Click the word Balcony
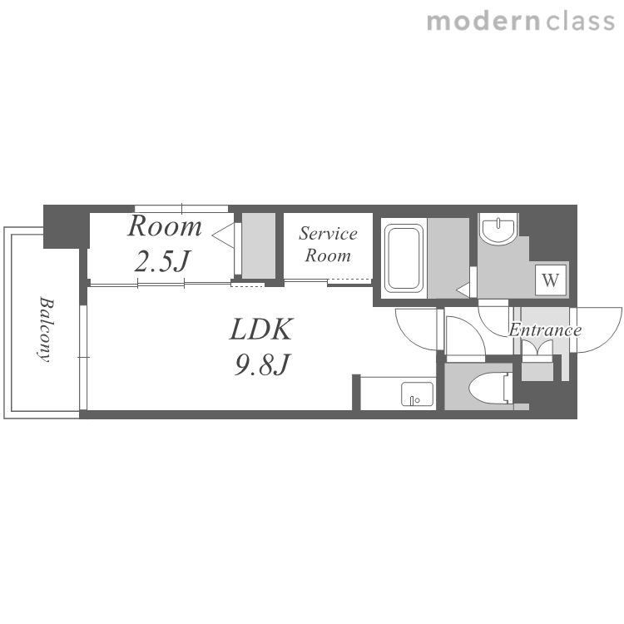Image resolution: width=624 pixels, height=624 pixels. click(45, 329)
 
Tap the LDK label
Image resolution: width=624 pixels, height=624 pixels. click(261, 329)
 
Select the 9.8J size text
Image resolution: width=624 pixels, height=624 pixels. click(262, 364)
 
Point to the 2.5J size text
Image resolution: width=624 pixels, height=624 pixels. click(162, 261)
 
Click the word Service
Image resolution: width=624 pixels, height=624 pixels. click(328, 234)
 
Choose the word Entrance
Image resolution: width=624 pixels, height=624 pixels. click(545, 330)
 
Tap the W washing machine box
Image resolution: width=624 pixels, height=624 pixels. click(551, 280)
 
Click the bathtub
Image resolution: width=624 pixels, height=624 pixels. click(404, 258)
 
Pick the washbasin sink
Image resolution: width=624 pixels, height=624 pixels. click(498, 229)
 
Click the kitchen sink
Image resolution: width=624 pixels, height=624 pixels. click(417, 394)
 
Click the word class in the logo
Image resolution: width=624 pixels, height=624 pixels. click(580, 21)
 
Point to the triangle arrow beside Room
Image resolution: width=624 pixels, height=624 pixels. click(223, 235)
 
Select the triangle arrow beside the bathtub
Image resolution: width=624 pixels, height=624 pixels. click(463, 290)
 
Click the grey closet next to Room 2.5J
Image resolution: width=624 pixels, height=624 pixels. click(259, 245)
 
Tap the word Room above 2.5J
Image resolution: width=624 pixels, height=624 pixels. click(165, 226)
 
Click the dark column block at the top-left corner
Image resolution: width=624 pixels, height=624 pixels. click(66, 226)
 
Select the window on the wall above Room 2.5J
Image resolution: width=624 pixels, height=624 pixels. click(181, 209)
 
